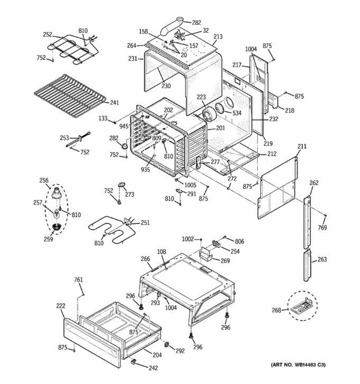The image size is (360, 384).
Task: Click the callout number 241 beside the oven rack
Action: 114,103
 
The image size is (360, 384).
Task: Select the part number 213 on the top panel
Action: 218,37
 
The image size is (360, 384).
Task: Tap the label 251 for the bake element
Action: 145,223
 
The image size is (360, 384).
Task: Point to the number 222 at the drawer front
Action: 60,306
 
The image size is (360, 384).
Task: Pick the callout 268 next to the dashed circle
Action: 276,310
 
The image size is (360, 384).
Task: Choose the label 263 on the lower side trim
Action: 322,260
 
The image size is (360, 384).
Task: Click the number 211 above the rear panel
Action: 302,147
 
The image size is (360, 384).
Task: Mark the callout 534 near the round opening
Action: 237,113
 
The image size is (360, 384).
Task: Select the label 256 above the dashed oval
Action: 44,181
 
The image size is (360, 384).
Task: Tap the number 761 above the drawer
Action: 78,280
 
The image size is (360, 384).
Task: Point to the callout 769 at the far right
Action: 323,228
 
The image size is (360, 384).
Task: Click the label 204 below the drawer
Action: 157,355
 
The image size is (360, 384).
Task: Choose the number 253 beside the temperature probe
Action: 64,138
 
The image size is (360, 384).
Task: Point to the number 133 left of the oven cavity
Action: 103,119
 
